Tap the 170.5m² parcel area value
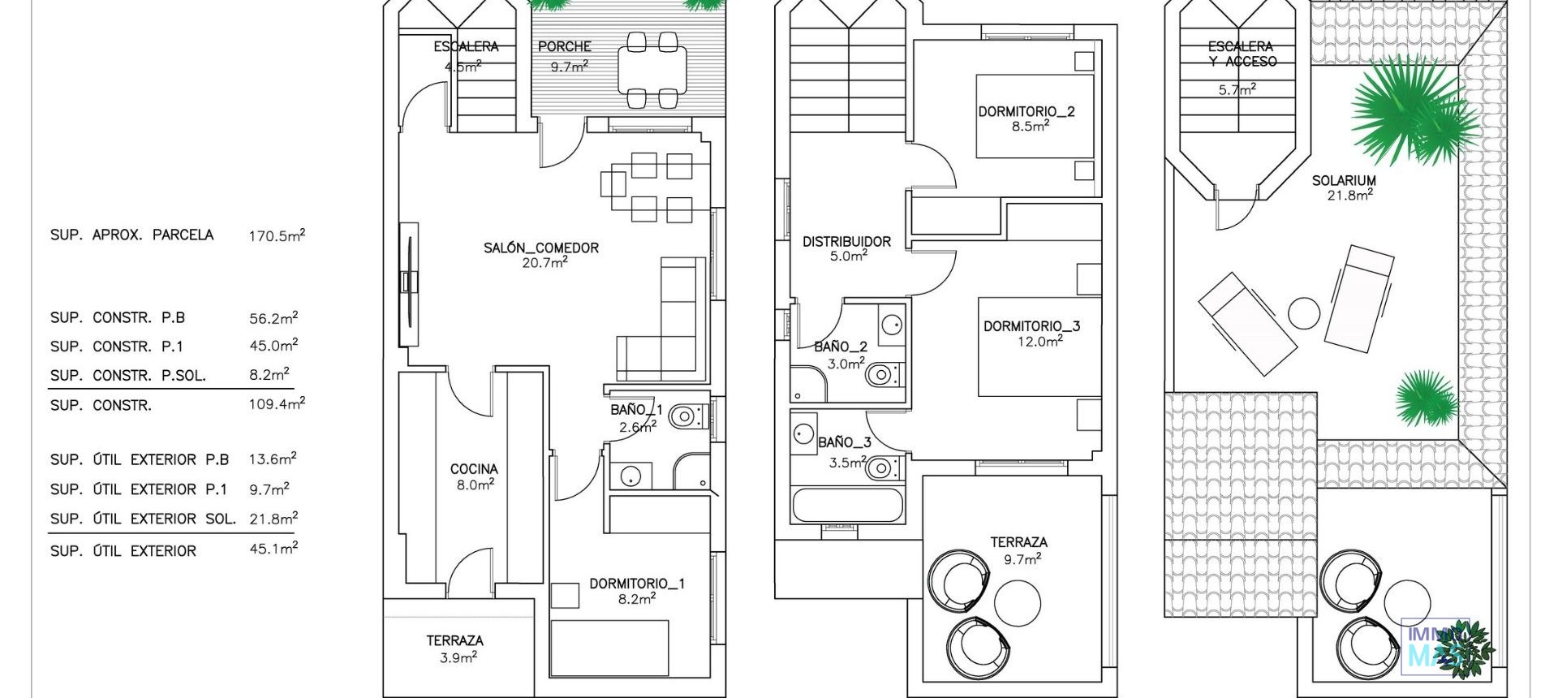coord(277,236)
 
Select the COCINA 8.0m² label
coord(474,476)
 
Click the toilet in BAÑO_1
coord(686,417)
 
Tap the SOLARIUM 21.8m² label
coord(1344,187)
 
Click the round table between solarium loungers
coord(1304,313)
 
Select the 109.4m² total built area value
coord(277,404)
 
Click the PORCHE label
coord(565,47)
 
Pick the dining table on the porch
coord(652,70)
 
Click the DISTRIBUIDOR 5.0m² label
coord(846,248)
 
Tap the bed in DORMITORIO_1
coord(609,648)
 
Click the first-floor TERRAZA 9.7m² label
coord(1018,549)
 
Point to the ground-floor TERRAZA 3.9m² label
coord(455,648)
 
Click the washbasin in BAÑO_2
coord(891,324)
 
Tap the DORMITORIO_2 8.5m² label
coord(1026,118)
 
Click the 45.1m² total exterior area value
coord(273,549)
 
